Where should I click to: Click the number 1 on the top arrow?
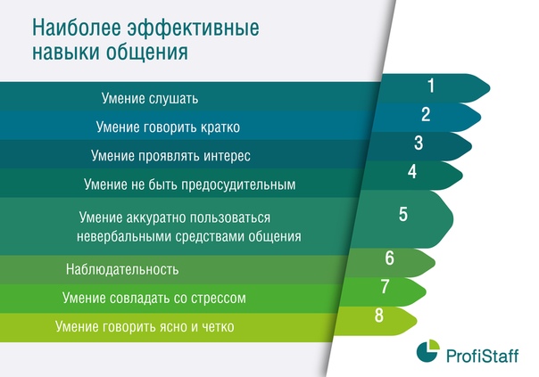click(x=431, y=86)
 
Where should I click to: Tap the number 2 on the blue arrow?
click(x=426, y=114)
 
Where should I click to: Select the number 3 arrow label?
click(x=419, y=143)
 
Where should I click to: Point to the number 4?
click(x=412, y=172)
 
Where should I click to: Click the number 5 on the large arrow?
click(x=403, y=214)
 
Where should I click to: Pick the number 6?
click(x=389, y=258)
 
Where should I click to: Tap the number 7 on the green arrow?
click(x=385, y=286)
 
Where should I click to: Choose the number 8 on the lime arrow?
click(x=378, y=316)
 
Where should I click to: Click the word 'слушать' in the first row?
click(x=174, y=99)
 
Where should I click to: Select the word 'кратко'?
click(x=220, y=127)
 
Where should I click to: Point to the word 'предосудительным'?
click(x=238, y=185)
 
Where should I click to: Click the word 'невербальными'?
click(x=124, y=236)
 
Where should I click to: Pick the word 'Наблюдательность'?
click(x=122, y=269)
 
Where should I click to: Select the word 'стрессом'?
click(x=219, y=299)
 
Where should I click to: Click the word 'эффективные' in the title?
click(x=194, y=29)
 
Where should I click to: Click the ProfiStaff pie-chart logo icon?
click(x=428, y=351)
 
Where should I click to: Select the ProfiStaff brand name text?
click(x=482, y=356)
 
